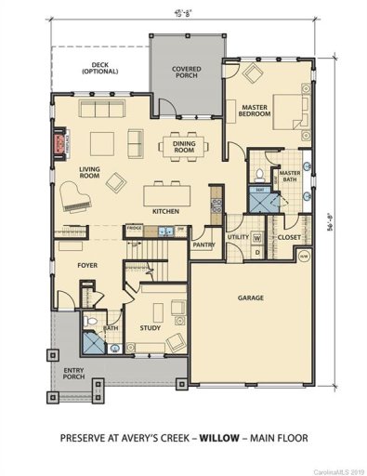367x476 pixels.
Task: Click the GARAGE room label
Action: (250, 297)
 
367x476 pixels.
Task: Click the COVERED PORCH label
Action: (187, 75)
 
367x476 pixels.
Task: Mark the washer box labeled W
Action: (256, 237)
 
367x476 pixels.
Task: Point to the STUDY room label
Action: (151, 327)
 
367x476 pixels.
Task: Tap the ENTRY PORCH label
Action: (72, 374)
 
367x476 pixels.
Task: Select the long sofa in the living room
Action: (97, 111)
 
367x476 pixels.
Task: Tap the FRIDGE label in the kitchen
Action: (134, 227)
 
